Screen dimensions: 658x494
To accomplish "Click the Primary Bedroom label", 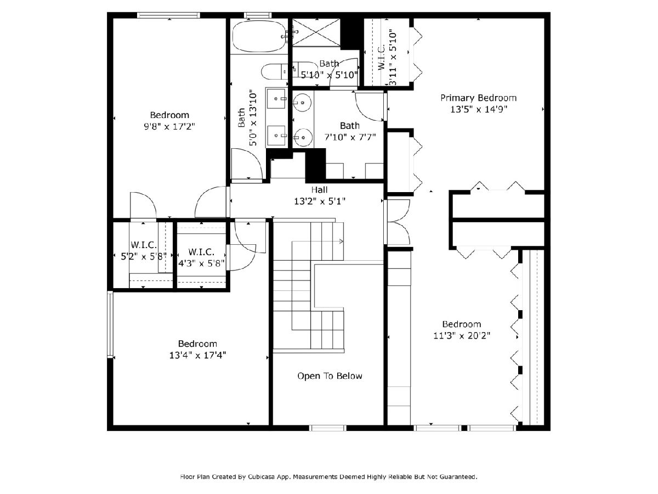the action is coord(478,98).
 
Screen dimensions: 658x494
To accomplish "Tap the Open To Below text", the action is coord(330,376).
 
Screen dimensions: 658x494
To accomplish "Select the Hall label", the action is coord(319,189).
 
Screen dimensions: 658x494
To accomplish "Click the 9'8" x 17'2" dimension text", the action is coord(169,127).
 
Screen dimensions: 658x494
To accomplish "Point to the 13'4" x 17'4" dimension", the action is coord(197,355).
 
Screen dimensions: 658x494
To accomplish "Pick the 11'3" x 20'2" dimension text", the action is coord(462,335).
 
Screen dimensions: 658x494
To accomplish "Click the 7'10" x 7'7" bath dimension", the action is coord(350,137).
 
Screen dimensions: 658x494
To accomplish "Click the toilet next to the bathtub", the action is coord(274,72).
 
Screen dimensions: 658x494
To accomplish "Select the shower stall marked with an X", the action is coord(316,32).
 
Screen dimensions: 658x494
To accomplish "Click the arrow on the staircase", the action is coord(317,241).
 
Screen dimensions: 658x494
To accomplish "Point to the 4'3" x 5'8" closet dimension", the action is coord(201,263).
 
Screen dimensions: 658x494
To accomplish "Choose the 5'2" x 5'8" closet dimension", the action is coord(143,256).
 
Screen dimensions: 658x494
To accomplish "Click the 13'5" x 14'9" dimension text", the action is coord(479,109).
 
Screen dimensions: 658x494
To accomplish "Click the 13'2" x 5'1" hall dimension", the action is coord(320,201).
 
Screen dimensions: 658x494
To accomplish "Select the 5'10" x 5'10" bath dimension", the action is coord(329,75).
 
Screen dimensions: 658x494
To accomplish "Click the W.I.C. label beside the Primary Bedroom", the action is coord(381,57).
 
